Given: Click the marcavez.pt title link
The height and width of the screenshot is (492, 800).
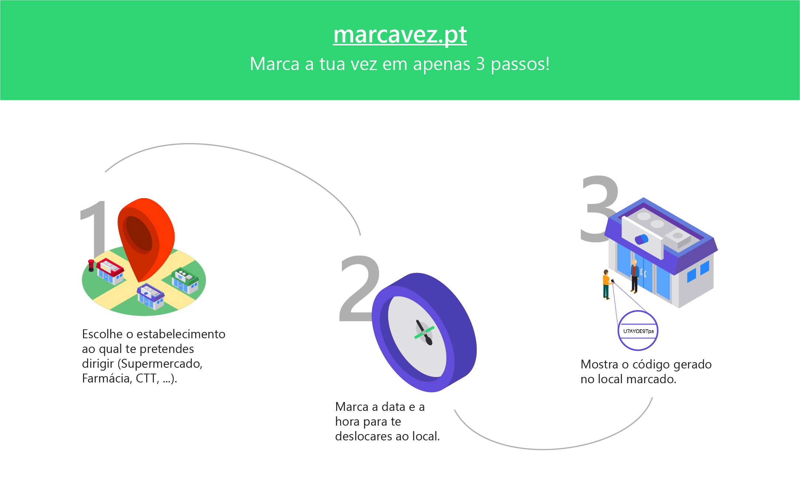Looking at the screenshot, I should (x=400, y=35).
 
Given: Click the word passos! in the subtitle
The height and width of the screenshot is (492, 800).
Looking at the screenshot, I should (x=520, y=64).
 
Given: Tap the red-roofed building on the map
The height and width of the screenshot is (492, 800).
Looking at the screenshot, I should (x=110, y=271).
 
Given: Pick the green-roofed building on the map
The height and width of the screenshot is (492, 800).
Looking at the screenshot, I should (x=185, y=280).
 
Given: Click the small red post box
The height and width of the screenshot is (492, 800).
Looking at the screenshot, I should (x=91, y=265).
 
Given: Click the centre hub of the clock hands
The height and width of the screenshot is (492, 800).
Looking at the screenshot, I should (x=425, y=332).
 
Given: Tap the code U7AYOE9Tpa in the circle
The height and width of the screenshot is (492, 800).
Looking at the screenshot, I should (x=638, y=331).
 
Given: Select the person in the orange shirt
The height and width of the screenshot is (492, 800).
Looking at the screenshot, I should (x=606, y=284).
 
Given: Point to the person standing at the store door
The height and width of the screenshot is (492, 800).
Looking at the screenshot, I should (x=634, y=275).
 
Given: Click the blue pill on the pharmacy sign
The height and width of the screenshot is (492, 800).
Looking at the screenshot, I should (x=641, y=239).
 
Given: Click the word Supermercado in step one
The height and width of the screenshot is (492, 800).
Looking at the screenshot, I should (x=161, y=364).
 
